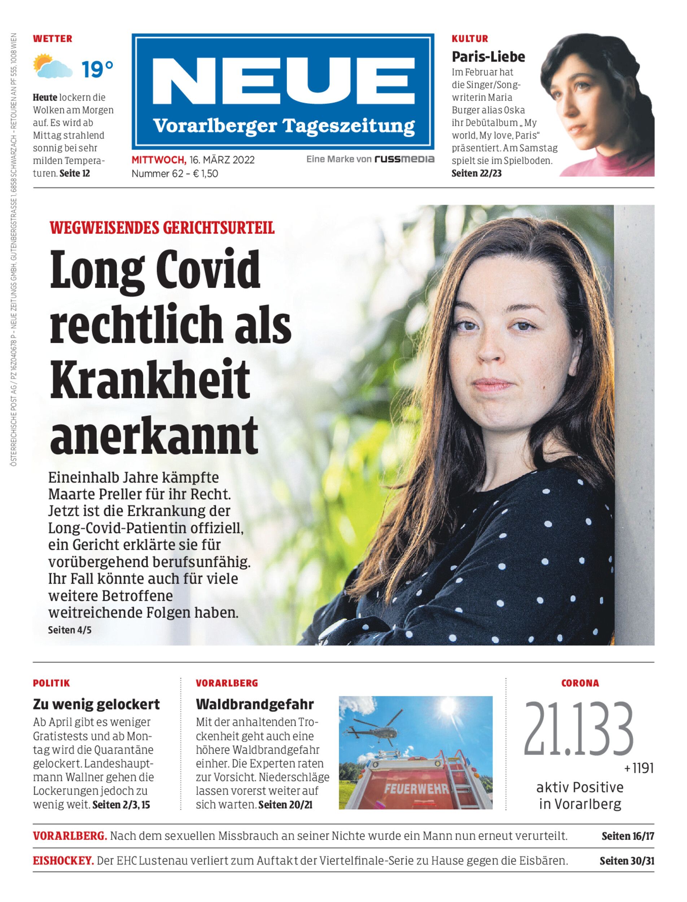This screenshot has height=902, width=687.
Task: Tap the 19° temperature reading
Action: [x=97, y=69]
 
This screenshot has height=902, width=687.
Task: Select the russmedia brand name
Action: [x=404, y=159]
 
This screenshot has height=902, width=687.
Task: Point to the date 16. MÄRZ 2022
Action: [x=222, y=160]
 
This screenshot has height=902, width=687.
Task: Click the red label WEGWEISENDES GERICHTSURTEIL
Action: [x=162, y=227]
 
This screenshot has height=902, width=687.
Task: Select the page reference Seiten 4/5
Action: [x=70, y=630]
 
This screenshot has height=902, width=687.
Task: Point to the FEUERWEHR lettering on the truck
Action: [x=416, y=789]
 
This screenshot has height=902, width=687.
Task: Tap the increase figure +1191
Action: [x=639, y=769]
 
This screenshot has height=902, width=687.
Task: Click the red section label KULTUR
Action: [x=470, y=39]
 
